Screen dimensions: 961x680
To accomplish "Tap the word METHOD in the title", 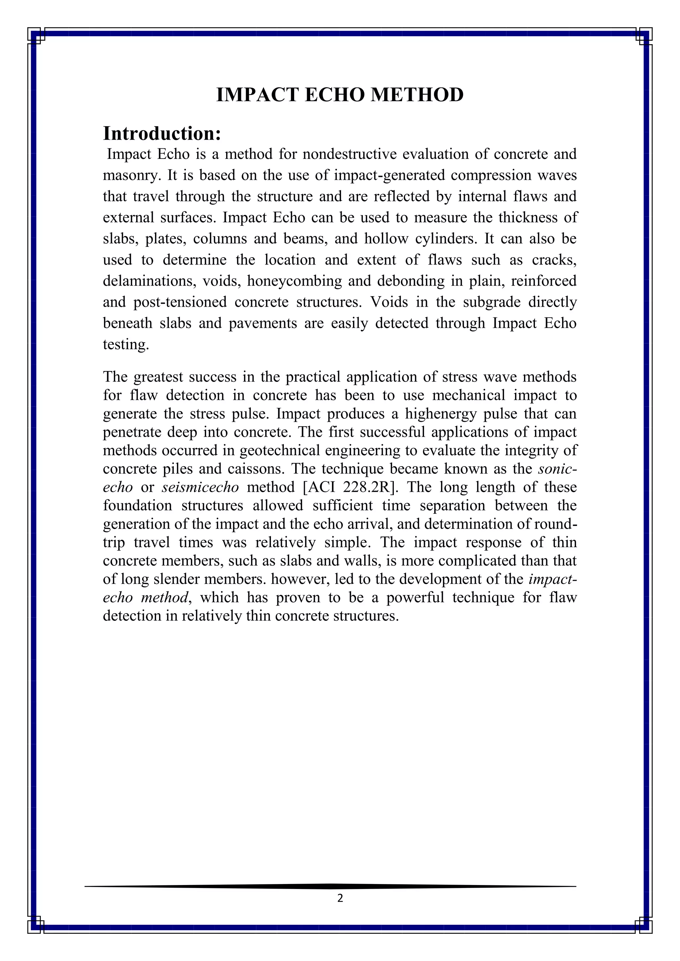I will [417, 95].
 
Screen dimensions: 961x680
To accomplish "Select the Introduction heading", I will [162, 133].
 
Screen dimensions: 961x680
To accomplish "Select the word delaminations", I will [149, 281].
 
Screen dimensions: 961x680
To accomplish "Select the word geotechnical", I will [281, 451].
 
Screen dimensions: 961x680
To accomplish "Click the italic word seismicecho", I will [200, 487].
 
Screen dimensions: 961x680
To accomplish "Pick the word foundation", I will [137, 506].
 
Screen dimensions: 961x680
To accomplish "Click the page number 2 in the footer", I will [340, 898].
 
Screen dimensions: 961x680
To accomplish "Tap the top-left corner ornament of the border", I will [36, 36].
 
